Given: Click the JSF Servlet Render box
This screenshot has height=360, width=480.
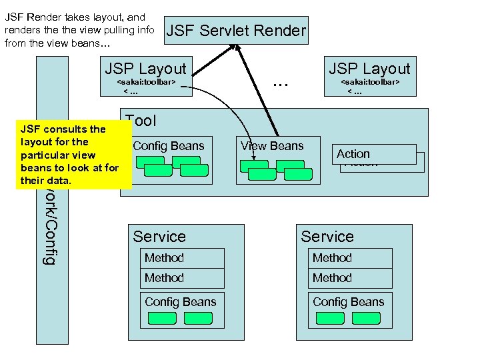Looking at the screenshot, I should pos(236,30).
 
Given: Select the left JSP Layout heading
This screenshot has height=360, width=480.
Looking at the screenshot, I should pos(145,69).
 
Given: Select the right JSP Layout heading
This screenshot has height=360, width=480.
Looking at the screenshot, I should pos(369,69).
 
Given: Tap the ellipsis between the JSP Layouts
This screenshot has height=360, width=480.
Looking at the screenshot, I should pos(281,83).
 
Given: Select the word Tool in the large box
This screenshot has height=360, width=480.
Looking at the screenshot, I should pos(141,121).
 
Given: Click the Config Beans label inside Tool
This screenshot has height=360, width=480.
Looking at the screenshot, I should pos(168,146).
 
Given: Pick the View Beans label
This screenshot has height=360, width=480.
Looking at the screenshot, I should pos(272,146).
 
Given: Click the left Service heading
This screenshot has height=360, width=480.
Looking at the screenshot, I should pos(159,237).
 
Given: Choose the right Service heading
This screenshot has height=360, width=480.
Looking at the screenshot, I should pos(327,237).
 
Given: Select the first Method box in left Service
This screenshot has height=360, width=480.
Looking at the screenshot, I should pos(182,258).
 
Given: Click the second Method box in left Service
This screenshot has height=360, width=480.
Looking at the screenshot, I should pos(182,278).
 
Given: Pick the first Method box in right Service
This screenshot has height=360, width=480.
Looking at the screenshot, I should pos(350,258).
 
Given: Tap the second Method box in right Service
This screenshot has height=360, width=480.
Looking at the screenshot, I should pos(350,278).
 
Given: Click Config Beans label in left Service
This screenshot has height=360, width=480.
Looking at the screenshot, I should pos(180,302).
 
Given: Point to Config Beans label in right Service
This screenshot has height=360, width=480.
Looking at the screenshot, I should pos(348,302).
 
